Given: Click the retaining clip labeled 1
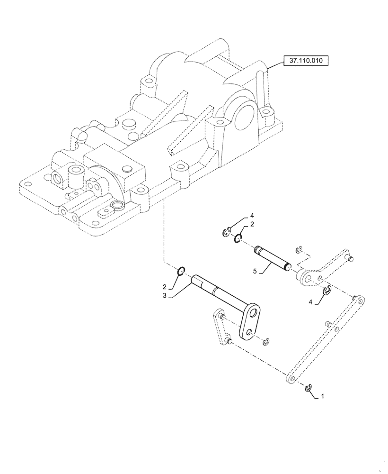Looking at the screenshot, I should pyautogui.click(x=309, y=388).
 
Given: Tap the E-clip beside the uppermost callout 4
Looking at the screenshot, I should pyautogui.click(x=226, y=232).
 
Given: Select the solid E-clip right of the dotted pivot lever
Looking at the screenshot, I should pyautogui.click(x=326, y=291).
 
